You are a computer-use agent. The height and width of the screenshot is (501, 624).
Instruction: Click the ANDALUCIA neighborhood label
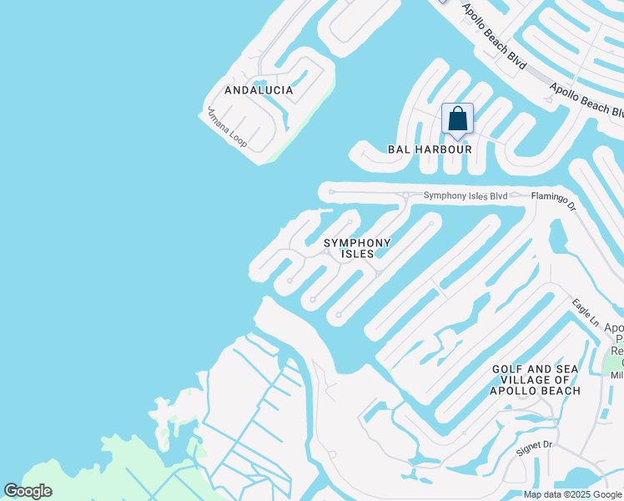[259, 90]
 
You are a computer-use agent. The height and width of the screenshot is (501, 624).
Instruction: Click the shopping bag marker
[457, 119]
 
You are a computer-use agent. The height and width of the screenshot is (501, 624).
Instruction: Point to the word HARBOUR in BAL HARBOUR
[445, 149]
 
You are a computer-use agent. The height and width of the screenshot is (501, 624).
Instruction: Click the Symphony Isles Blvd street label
[465, 196]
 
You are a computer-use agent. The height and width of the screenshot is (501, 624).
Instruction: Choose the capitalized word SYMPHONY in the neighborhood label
[357, 243]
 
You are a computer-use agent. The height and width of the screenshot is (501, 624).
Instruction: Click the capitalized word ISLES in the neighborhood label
[357, 254]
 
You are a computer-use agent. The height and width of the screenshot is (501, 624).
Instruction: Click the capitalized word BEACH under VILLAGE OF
[557, 391]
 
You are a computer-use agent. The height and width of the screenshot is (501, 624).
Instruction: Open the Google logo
[28, 491]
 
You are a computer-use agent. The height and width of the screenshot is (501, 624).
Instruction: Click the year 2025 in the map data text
[576, 495]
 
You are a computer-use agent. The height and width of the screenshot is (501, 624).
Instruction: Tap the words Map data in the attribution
[541, 495]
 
